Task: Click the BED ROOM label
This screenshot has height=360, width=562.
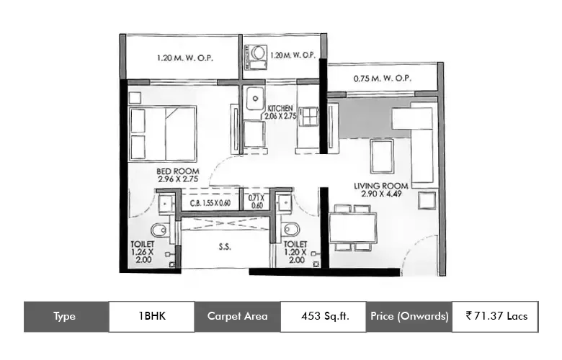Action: [x=178, y=171]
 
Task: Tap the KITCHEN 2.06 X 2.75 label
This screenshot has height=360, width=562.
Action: [x=280, y=112]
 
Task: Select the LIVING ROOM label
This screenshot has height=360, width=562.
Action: [x=381, y=186]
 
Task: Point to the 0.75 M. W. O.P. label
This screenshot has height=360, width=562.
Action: [x=383, y=78]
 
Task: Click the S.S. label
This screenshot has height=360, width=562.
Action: [x=225, y=247]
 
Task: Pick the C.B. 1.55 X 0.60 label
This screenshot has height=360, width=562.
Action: [x=210, y=203]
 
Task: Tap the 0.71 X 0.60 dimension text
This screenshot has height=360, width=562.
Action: [x=257, y=202]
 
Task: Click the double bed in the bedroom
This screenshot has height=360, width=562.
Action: [x=162, y=134]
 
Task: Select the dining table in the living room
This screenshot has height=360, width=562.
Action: [x=352, y=228]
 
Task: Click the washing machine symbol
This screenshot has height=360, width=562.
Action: [x=256, y=57]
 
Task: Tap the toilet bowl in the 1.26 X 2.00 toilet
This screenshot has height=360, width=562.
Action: [x=159, y=230]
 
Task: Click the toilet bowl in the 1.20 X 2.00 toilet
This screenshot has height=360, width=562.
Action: [x=290, y=229]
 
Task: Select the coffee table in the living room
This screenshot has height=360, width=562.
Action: [x=382, y=156]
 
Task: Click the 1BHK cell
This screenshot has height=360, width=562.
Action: [x=152, y=316]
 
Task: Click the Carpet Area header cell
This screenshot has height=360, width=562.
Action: [x=237, y=316]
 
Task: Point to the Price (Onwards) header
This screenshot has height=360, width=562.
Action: [x=409, y=316]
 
